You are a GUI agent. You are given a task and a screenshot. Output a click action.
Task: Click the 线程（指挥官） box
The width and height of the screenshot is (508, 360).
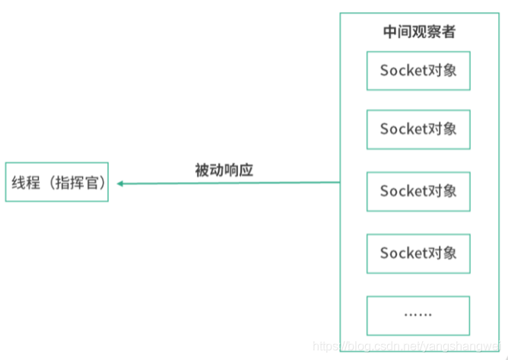57,182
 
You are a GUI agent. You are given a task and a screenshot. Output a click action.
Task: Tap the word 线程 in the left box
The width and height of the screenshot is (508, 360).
24,182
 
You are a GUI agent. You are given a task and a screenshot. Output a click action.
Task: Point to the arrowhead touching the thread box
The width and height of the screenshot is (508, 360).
120,183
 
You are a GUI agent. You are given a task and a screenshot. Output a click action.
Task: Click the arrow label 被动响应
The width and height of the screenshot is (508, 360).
224,170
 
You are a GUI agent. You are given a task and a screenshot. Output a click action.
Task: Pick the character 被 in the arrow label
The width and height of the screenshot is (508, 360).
202,170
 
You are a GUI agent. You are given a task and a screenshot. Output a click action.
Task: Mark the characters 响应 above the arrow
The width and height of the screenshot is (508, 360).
238,170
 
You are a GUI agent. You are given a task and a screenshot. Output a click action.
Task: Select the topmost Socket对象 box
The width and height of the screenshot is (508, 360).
418,71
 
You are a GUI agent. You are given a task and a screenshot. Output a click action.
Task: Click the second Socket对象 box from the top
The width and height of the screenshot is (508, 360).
418,129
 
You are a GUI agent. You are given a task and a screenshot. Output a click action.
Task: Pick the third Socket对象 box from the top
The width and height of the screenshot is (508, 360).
418,191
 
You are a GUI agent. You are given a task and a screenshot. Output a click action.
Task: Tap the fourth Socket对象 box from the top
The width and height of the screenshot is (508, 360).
418,253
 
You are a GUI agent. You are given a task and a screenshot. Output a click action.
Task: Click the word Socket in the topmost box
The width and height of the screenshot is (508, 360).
405,71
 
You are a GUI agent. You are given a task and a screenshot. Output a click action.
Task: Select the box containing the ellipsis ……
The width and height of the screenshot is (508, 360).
418,314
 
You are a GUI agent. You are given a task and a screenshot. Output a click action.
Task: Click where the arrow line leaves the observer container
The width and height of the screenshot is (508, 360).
339,183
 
